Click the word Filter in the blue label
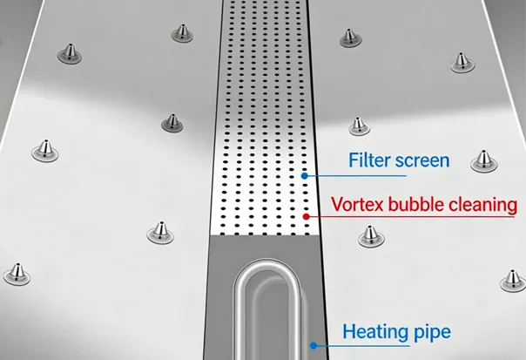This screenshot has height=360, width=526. click(368, 160)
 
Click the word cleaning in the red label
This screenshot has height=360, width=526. click(482, 207)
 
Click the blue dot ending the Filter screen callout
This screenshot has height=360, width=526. click(304, 175)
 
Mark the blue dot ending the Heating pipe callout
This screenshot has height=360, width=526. click(314, 346)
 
